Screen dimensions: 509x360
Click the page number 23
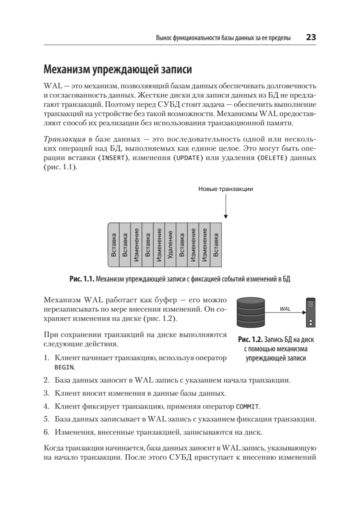(311, 37)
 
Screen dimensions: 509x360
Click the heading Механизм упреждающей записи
(117, 69)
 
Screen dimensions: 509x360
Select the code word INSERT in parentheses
(112, 158)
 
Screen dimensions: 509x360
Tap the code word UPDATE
(187, 158)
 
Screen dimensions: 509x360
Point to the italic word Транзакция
(64, 140)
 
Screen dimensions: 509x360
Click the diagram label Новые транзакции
(226, 189)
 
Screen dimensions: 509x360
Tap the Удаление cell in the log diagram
(170, 244)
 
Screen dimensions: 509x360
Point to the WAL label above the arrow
(285, 309)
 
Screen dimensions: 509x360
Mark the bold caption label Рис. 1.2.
(251, 340)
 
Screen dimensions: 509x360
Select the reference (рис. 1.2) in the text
(159, 319)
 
